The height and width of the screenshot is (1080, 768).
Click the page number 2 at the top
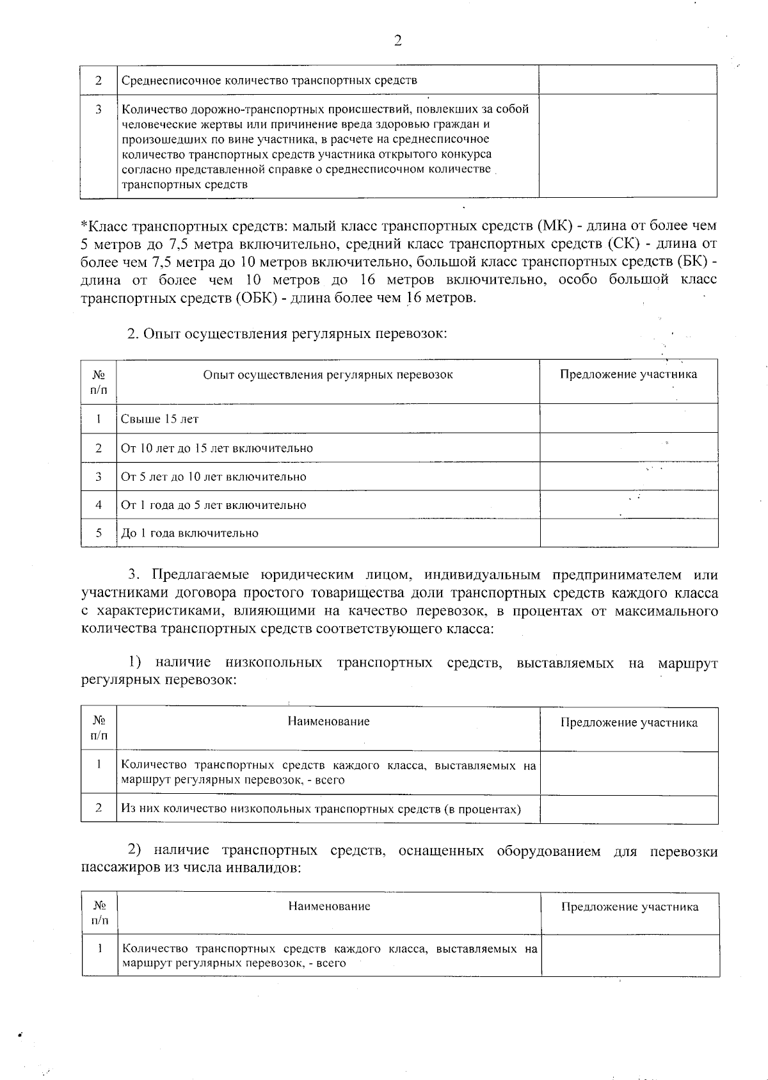coord(397,41)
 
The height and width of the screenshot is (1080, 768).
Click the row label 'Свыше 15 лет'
coord(160,419)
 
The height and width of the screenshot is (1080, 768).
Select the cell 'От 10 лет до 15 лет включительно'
coord(217,448)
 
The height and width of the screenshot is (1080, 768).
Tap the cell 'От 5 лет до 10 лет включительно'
coord(214,477)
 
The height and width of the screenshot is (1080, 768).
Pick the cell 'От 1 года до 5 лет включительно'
coord(214,505)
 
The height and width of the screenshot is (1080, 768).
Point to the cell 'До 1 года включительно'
coord(190,533)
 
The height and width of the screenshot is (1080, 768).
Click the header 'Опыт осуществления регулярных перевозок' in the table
coord(328,375)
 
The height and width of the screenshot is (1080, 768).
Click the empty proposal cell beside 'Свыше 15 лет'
coord(628,419)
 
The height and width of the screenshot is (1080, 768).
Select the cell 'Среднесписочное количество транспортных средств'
coord(269,81)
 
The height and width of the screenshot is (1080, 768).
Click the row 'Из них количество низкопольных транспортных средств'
coord(321,809)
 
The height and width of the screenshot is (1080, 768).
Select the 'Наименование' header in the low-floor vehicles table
coord(328,722)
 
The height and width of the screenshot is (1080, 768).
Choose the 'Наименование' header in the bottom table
coord(329,906)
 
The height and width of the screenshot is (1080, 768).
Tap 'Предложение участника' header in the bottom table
coord(630,907)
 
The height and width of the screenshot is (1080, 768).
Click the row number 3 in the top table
coord(99,109)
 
